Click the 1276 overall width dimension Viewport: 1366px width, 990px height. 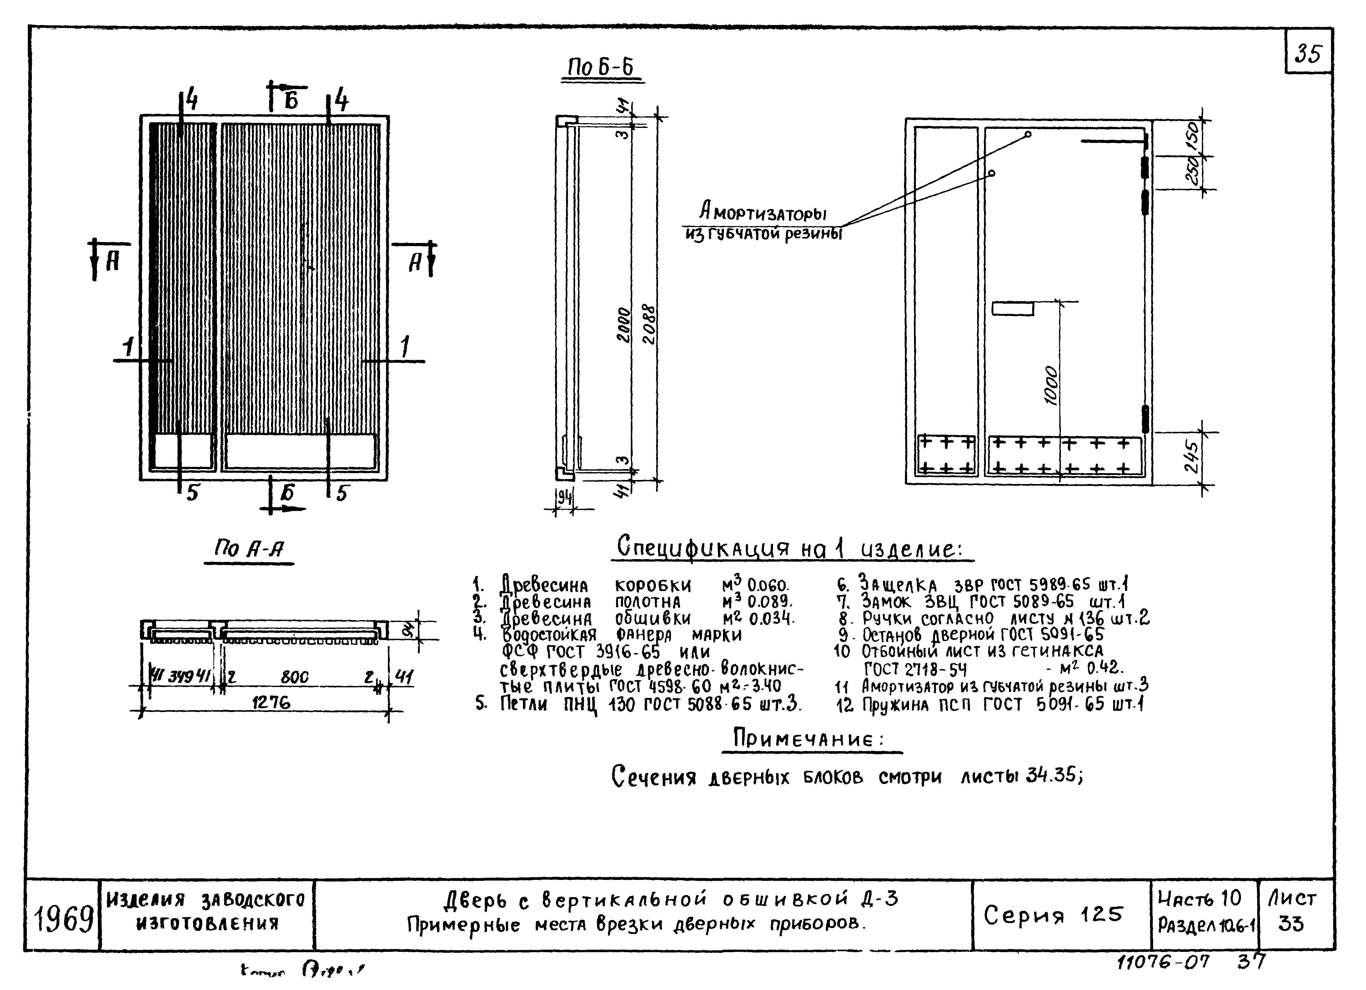pyautogui.click(x=271, y=702)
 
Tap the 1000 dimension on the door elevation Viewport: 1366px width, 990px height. pyautogui.click(x=1050, y=386)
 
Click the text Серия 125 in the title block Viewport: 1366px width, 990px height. pyautogui.click(x=1053, y=915)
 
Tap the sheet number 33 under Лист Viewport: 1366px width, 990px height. pyautogui.click(x=1291, y=924)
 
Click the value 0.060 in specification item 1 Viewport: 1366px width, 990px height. pyautogui.click(x=767, y=585)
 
